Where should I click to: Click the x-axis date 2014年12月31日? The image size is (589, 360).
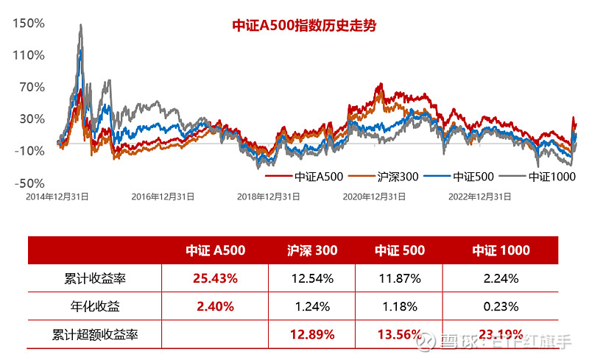[57, 197]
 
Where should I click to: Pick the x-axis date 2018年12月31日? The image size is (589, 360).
[269, 197]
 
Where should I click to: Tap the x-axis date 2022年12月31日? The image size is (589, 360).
[481, 197]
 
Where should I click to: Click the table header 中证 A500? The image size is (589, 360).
[215, 250]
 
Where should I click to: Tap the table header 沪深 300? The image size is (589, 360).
[312, 250]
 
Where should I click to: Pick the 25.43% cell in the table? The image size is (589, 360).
[215, 278]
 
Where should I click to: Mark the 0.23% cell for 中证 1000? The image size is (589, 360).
[501, 306]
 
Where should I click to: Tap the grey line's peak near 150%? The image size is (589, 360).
[80, 25]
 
